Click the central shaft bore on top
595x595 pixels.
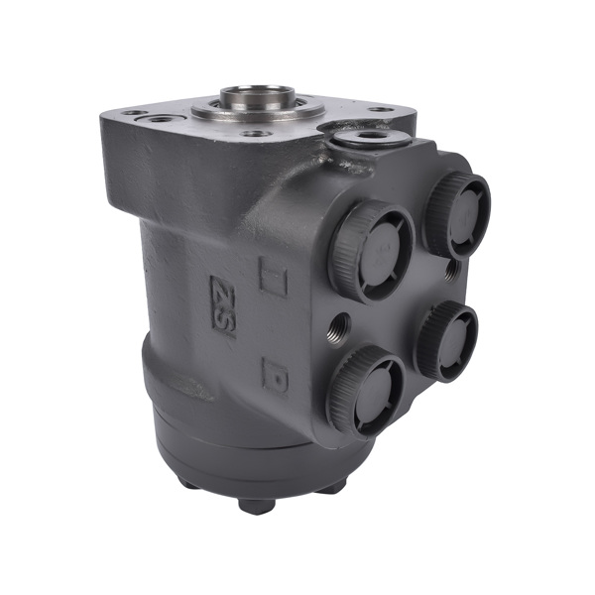click(257, 97)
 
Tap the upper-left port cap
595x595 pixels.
click(372, 250)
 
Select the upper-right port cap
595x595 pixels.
click(457, 213)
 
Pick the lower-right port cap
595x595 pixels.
click(446, 340)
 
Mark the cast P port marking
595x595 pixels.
click(275, 374)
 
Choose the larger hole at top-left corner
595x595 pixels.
click(161, 119)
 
